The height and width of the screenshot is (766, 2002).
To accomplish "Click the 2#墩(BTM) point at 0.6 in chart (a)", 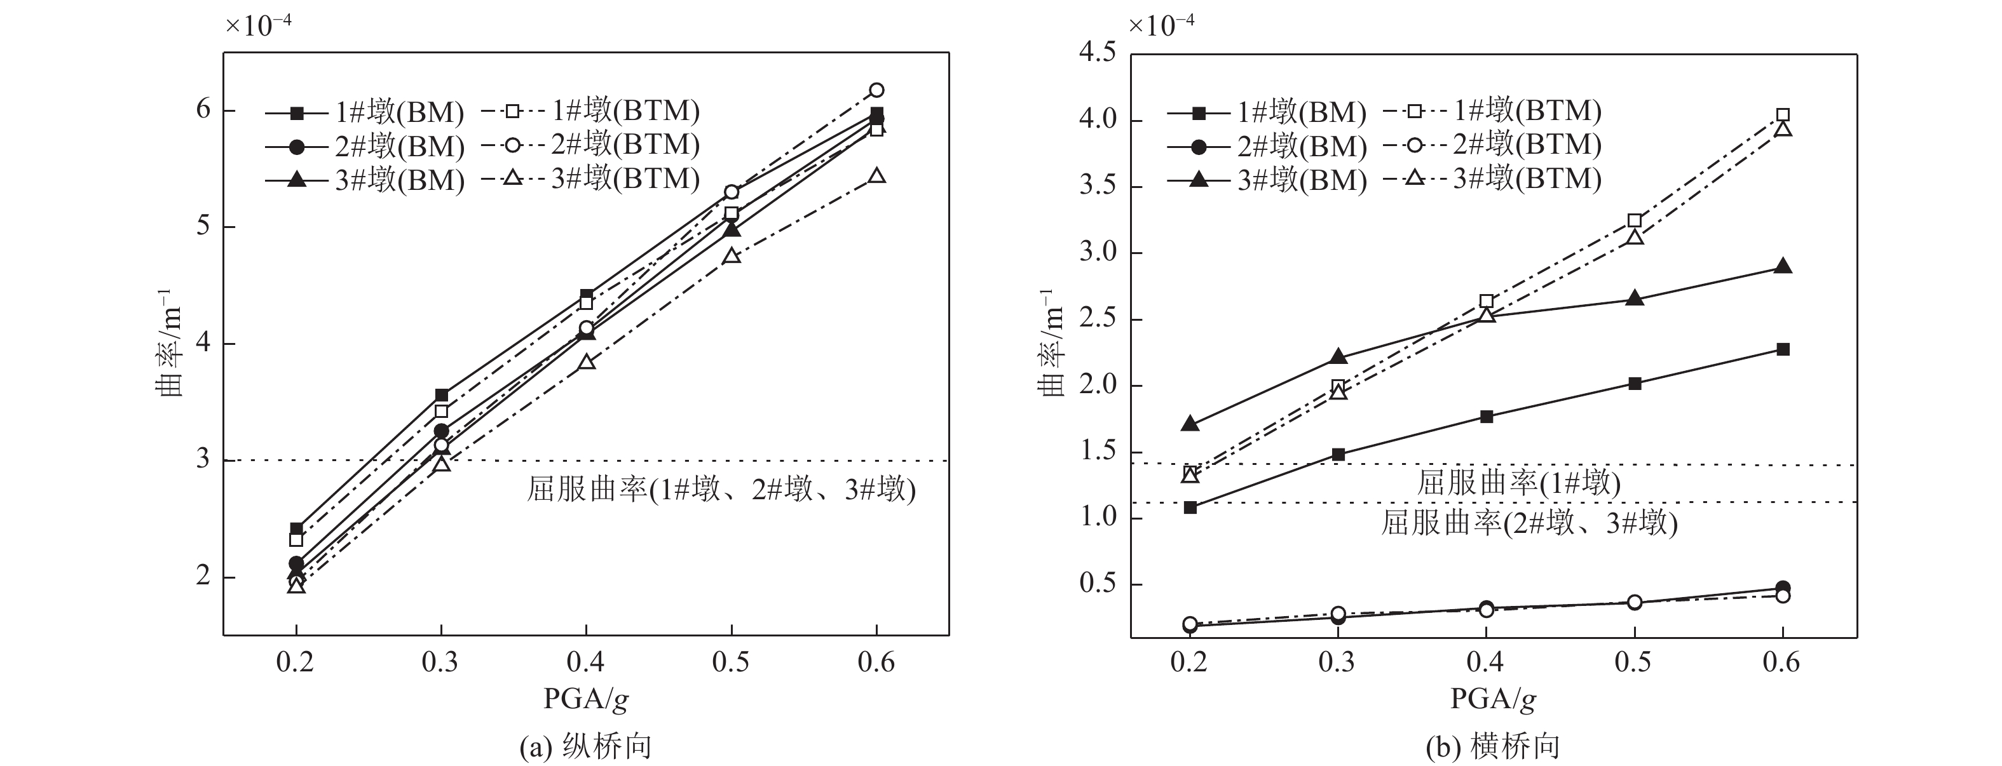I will click(876, 90).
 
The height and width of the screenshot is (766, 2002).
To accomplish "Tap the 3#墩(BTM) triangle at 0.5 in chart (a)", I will click(732, 255).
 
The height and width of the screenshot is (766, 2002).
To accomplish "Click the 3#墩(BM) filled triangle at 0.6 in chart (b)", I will click(1783, 267).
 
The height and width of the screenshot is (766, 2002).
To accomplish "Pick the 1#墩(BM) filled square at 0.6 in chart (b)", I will click(1783, 349).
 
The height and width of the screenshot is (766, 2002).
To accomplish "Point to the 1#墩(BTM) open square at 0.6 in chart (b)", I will click(1783, 115).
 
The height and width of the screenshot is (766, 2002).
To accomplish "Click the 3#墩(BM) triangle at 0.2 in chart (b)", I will click(1190, 424).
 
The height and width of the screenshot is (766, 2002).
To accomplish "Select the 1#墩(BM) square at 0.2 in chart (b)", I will click(1190, 507).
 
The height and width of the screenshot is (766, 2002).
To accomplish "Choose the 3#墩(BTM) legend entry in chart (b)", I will click(1492, 178).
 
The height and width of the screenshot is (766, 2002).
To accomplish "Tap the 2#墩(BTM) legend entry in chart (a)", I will click(590, 145).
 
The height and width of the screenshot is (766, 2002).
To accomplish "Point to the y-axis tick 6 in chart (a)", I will click(203, 109).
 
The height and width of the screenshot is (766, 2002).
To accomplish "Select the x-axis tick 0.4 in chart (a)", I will click(586, 662).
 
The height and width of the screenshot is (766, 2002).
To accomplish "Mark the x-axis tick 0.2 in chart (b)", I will click(1190, 662).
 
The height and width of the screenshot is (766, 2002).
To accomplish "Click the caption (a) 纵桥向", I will click(585, 746).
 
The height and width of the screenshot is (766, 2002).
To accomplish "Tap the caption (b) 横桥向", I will click(1493, 746).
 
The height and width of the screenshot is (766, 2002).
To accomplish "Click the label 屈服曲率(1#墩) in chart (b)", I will click(1518, 483).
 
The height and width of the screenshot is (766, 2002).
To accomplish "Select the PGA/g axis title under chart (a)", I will click(585, 700).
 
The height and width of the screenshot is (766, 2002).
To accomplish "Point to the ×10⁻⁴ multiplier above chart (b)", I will click(1161, 25).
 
